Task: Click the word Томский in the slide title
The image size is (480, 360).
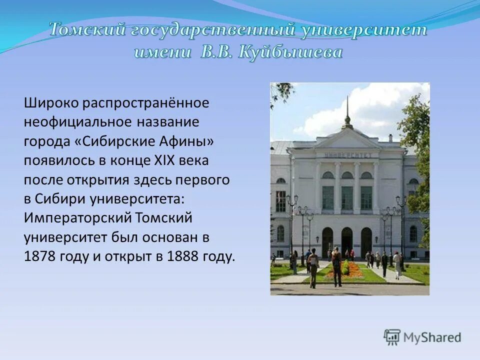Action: click(86, 30)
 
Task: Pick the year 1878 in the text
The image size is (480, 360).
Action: click(42, 257)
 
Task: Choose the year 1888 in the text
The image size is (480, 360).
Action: click(186, 257)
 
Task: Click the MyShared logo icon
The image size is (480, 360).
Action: click(392, 337)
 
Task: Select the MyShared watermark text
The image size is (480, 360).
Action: click(432, 337)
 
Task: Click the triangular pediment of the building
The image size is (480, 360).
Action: click(346, 139)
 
